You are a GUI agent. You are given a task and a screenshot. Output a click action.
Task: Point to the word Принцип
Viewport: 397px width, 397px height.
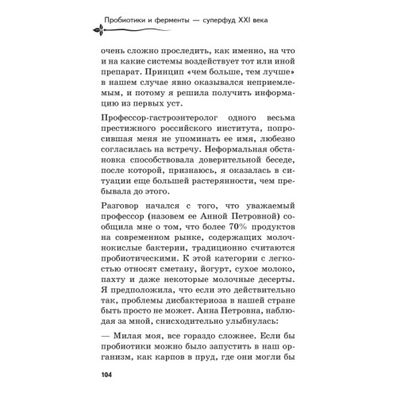click(x=172, y=71)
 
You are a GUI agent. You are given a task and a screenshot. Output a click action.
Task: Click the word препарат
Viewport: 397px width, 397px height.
click(x=125, y=71)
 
